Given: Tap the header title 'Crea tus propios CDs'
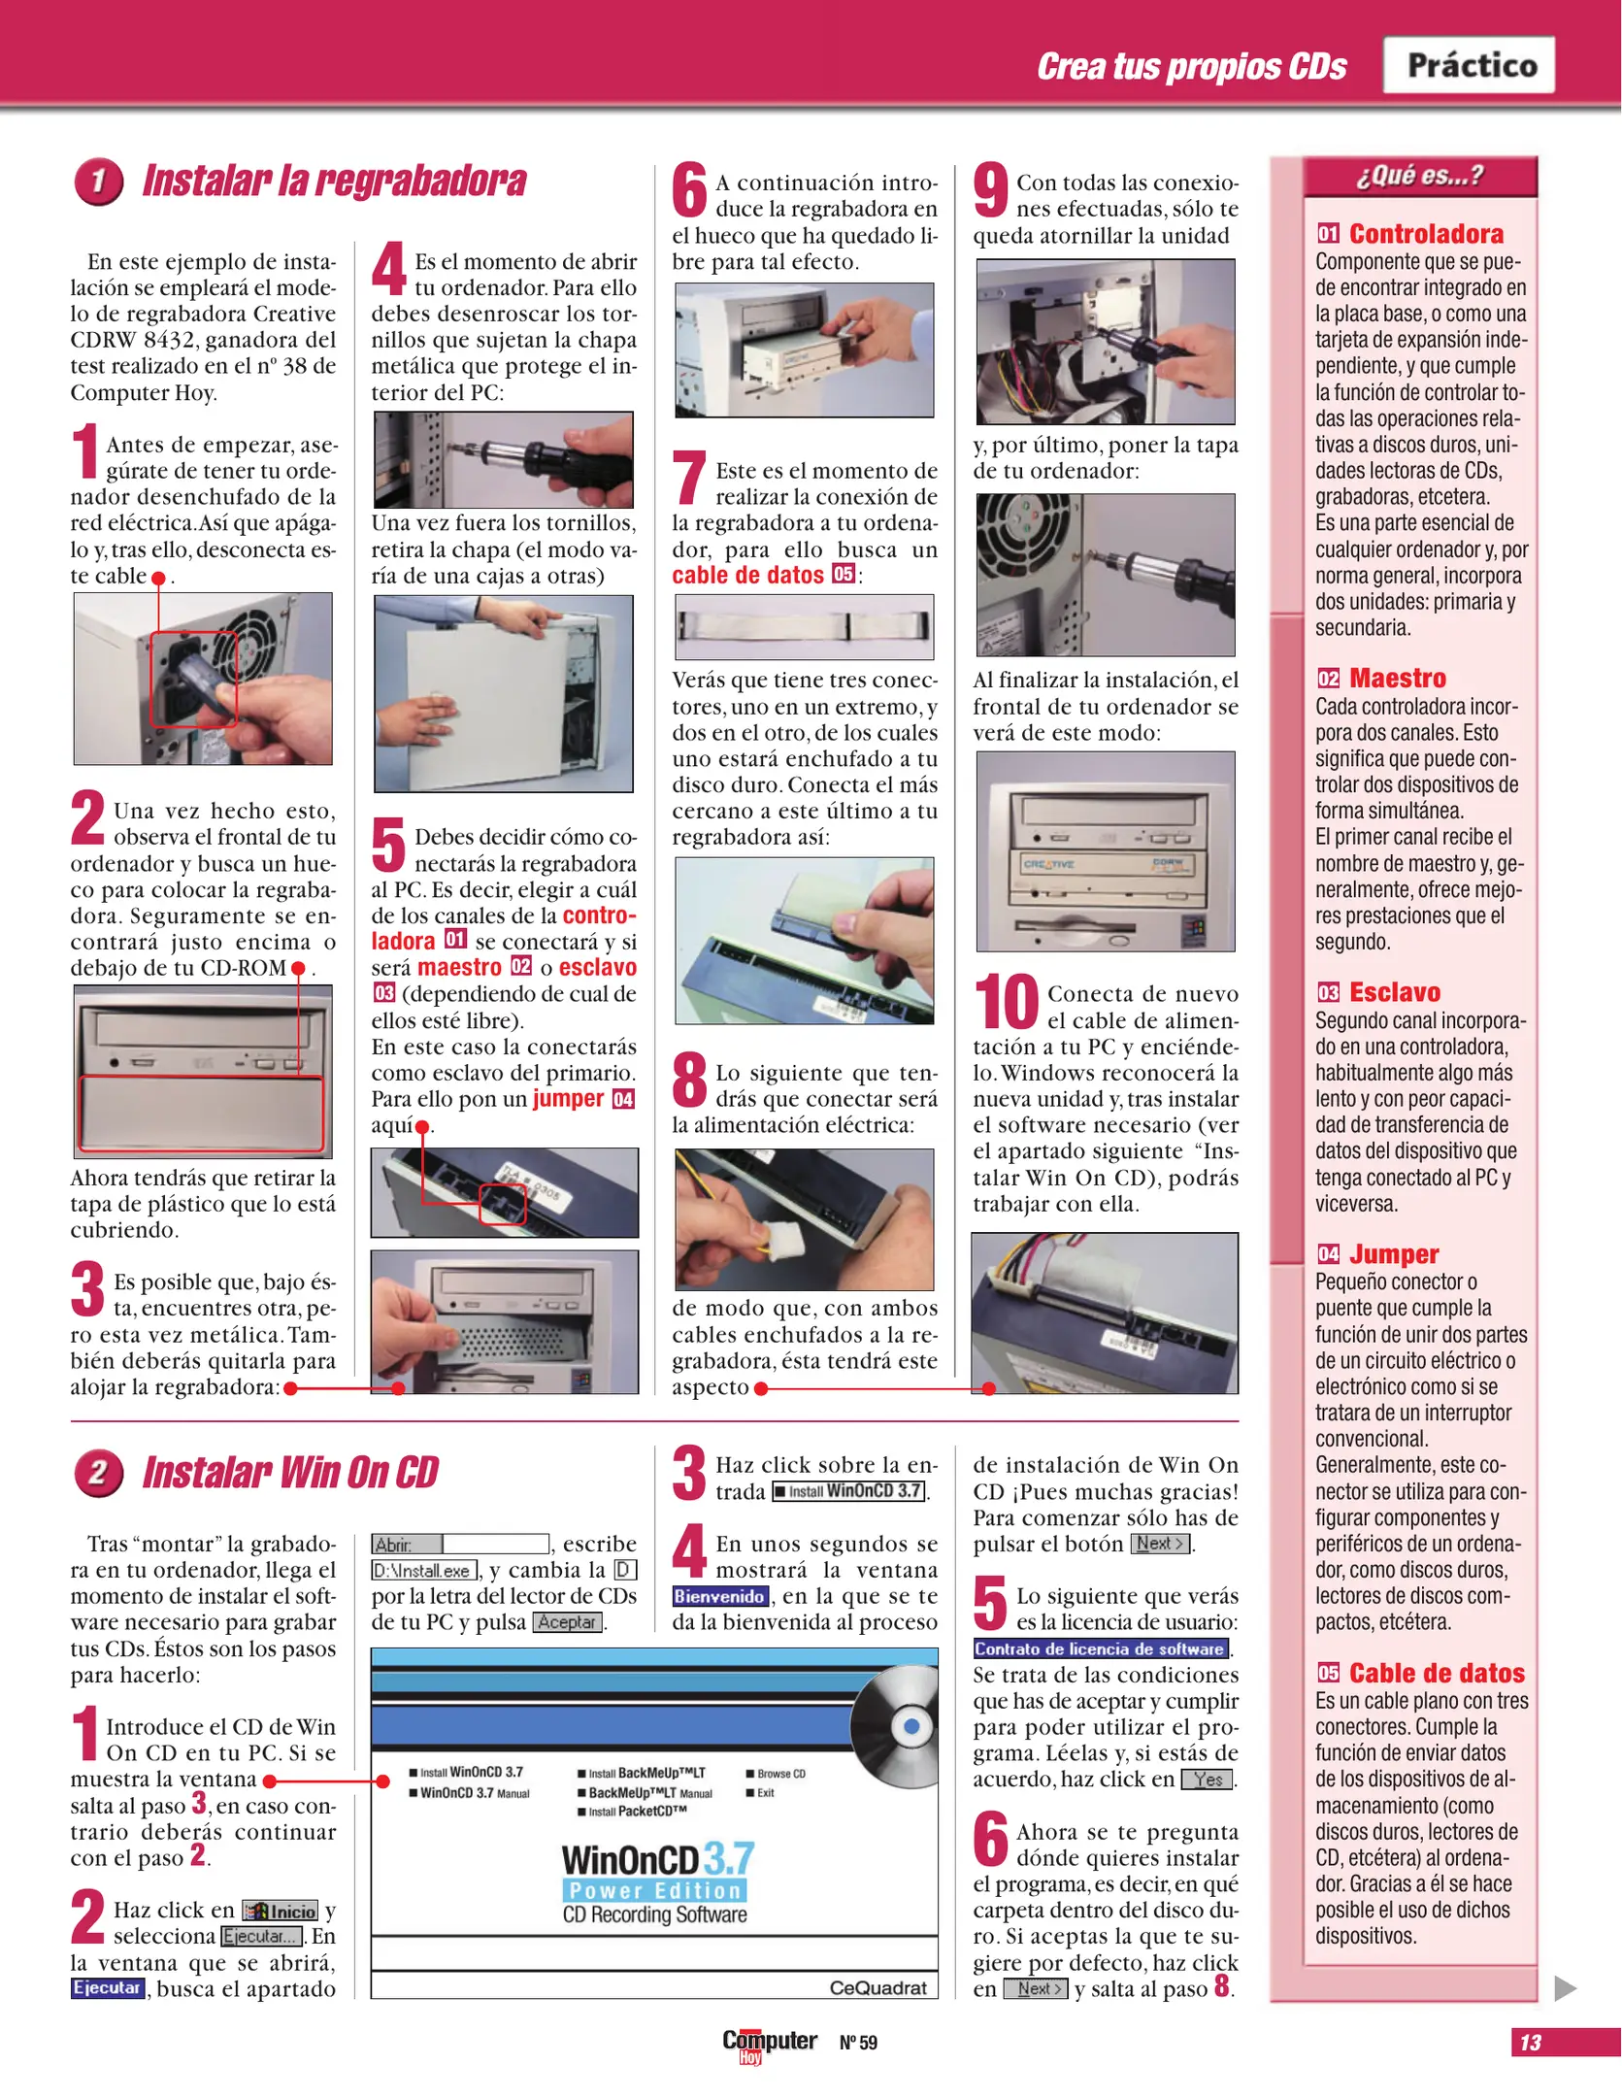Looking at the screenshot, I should click(1191, 66).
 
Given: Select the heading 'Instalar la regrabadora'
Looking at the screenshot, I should click(334, 182).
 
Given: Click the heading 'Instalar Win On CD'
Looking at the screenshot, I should click(290, 1473).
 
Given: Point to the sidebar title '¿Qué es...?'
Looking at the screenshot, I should click(1419, 176).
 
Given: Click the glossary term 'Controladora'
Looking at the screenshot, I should click(1425, 234).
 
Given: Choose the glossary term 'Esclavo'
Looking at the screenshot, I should click(1394, 992).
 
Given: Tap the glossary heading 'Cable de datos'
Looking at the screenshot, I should click(1436, 1673).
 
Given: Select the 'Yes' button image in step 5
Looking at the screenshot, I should click(1207, 1780).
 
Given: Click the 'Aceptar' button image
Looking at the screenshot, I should click(567, 1622).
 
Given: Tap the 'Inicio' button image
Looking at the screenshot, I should click(281, 1911).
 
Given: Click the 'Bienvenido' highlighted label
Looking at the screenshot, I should click(719, 1596).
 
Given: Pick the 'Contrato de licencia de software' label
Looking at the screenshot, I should click(1100, 1648).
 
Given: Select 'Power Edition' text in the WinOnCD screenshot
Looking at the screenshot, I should click(654, 1890).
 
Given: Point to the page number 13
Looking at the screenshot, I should click(1531, 2043).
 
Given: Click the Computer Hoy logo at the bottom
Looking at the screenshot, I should click(769, 2043).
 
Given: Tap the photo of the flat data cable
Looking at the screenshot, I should click(804, 627).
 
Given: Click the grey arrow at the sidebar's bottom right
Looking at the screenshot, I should click(1564, 1988).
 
